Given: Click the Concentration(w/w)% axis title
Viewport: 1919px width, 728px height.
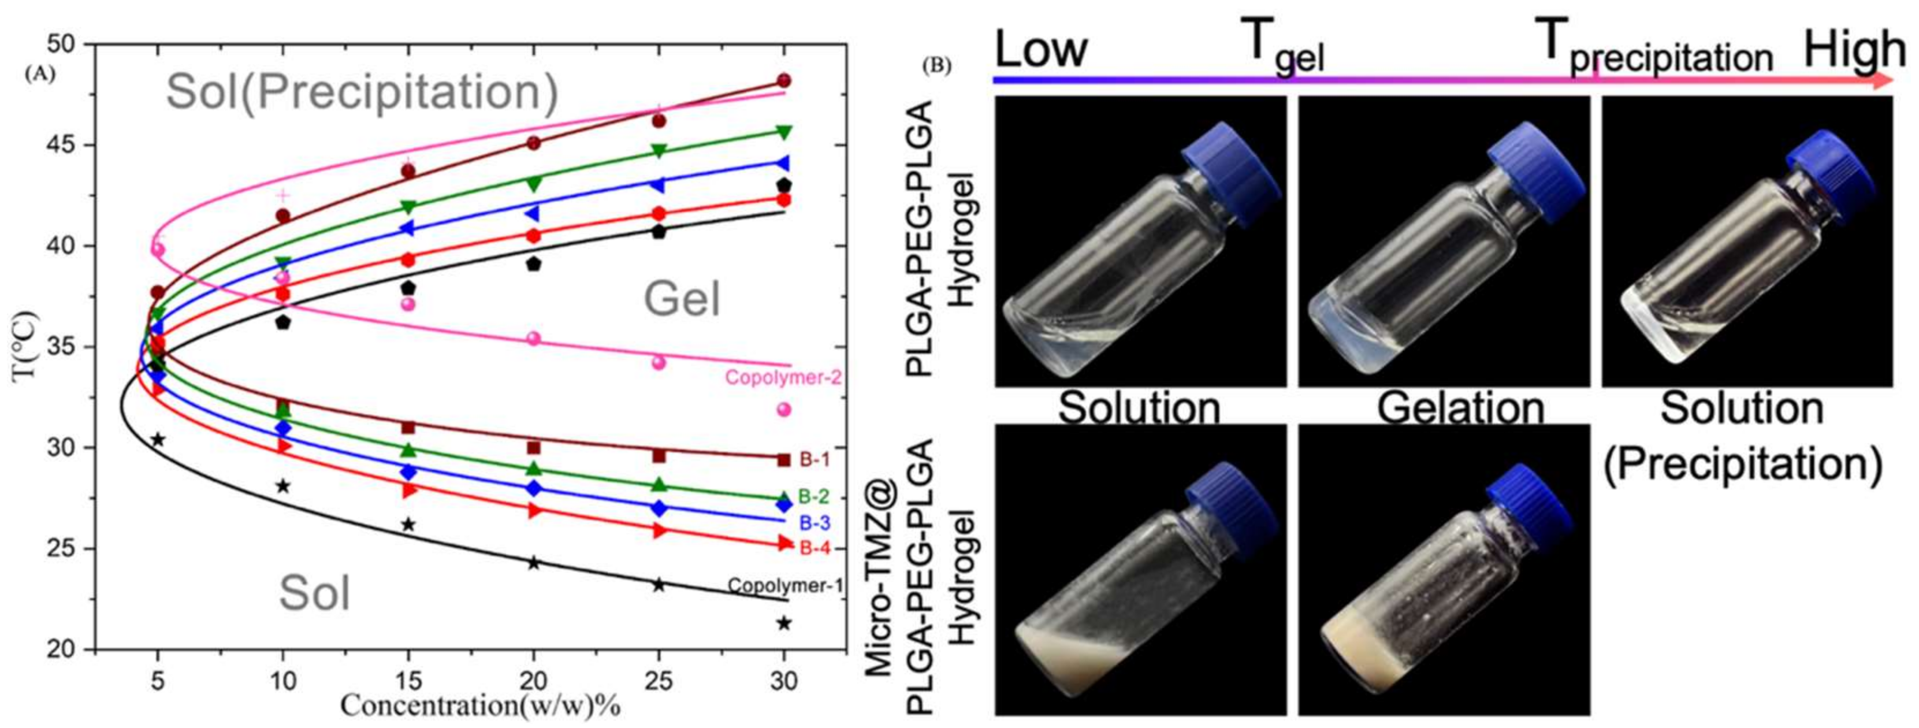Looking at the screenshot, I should coord(481,705).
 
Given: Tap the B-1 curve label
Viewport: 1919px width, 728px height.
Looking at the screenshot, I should coord(815,460).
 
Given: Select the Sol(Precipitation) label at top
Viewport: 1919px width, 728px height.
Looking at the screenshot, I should coord(362,92).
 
